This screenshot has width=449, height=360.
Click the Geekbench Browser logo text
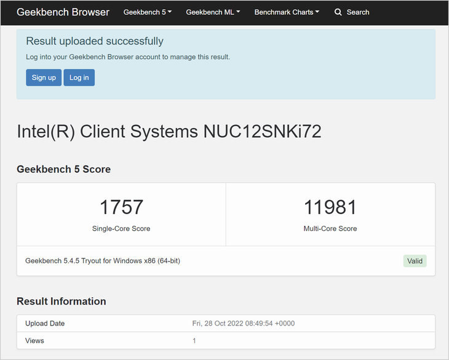pos(63,12)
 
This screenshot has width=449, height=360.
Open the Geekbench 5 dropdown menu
pos(148,12)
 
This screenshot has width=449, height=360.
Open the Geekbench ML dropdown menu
pos(213,12)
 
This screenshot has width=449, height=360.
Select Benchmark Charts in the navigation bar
pos(287,12)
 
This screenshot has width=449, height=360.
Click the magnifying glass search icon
pos(338,12)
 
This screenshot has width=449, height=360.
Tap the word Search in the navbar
pos(358,12)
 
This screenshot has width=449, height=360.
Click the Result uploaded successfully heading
pos(95,41)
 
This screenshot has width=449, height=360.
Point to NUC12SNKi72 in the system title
pos(262,132)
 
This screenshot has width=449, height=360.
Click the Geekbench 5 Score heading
pos(63,169)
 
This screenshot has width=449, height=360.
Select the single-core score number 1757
pos(121,207)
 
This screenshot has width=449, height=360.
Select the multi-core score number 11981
pos(330,207)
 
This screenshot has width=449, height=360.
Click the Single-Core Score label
pos(121,228)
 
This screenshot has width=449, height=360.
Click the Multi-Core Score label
pos(330,228)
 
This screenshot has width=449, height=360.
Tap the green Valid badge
pos(415,261)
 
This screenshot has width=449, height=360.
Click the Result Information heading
pos(62,302)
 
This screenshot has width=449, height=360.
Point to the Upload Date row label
pos(45,323)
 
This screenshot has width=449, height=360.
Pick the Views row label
pos(34,340)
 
